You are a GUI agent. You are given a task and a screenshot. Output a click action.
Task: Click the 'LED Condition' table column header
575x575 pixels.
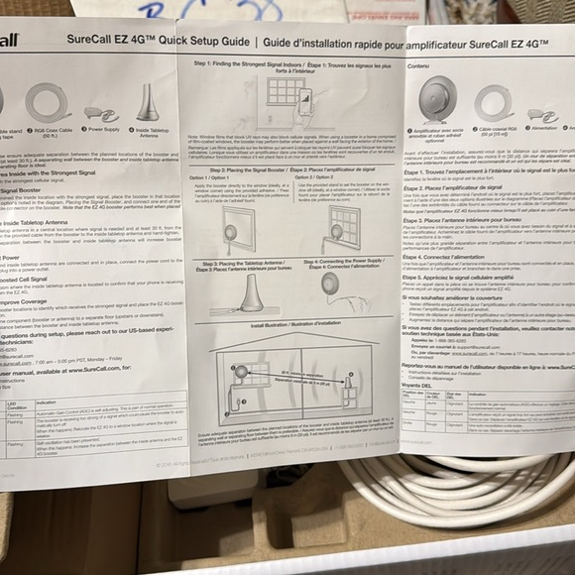tap(16, 406)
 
